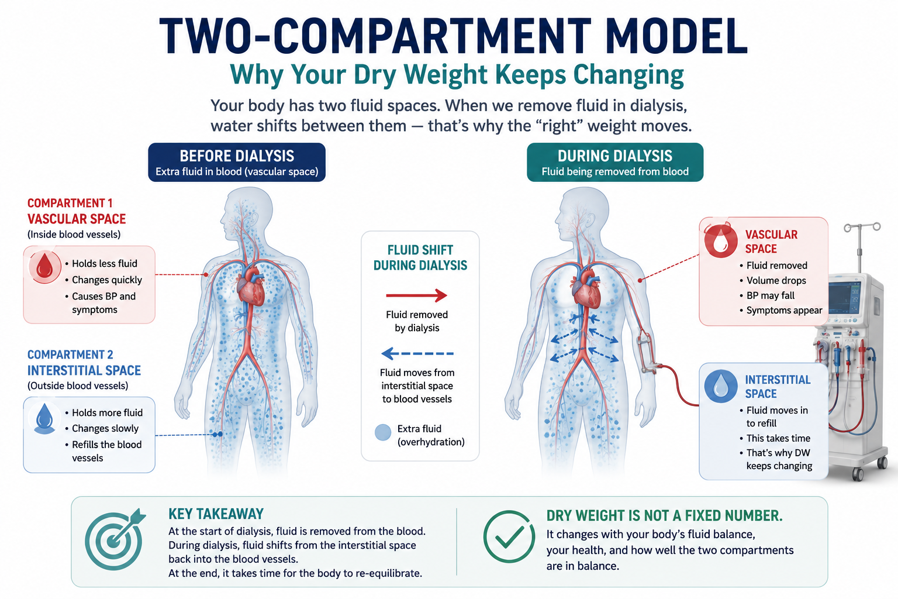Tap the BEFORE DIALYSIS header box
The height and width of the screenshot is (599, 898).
coord(237,163)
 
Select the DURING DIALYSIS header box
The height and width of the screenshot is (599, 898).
coord(615,163)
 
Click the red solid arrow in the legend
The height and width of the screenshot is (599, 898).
coord(416,295)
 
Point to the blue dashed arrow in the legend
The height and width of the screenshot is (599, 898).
coord(417,353)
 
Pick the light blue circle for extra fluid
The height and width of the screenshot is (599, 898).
coord(382,432)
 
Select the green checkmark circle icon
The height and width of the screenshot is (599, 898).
coord(509,536)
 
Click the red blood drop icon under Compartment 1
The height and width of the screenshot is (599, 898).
coord(44,267)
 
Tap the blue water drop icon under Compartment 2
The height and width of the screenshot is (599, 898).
coord(44,418)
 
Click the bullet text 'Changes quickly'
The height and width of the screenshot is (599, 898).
coord(107,280)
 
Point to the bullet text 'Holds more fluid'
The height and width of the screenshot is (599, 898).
coord(107,412)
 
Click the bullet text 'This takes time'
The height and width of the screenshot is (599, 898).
coord(778,438)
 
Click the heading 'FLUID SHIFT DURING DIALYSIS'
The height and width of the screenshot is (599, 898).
coord(420,257)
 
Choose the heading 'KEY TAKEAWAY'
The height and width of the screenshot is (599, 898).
coord(216,514)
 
